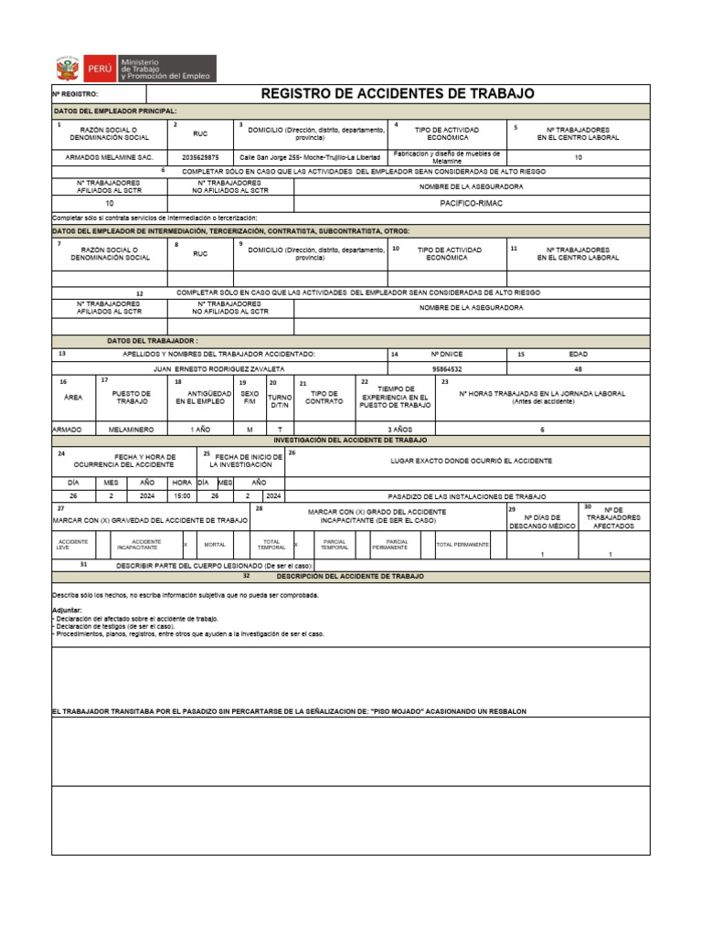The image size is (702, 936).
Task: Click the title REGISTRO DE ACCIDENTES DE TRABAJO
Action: click(x=398, y=94)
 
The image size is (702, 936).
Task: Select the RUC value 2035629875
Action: click(x=200, y=157)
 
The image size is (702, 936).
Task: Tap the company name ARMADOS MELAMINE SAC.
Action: click(x=109, y=157)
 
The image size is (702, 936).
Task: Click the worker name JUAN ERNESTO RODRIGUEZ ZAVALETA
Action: click(x=218, y=368)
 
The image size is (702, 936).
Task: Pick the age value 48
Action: click(x=578, y=368)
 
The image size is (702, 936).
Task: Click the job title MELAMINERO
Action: click(x=132, y=429)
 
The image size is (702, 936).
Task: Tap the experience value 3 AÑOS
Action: click(x=394, y=429)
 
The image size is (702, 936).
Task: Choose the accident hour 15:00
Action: click(x=181, y=496)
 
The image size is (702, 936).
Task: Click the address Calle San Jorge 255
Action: click(x=309, y=157)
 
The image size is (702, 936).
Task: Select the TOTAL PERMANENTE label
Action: click(x=463, y=544)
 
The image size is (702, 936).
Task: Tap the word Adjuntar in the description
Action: click(x=67, y=609)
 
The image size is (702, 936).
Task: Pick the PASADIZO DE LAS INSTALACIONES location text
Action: click(x=467, y=496)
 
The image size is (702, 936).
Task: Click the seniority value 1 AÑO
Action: click(x=200, y=429)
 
